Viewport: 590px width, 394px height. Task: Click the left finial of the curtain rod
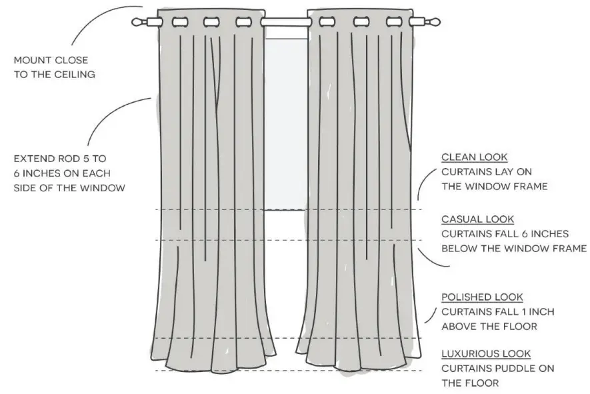138,22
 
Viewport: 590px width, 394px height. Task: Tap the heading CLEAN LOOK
474,157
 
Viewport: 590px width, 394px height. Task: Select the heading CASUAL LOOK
477,219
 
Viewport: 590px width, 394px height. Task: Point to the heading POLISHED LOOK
482,297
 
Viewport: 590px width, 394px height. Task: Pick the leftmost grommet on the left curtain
179,22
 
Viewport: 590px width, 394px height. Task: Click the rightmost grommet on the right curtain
394,22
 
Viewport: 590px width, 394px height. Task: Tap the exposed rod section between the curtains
285,22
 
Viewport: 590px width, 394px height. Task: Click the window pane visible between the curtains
285,120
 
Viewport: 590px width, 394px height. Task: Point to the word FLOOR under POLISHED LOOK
518,327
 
